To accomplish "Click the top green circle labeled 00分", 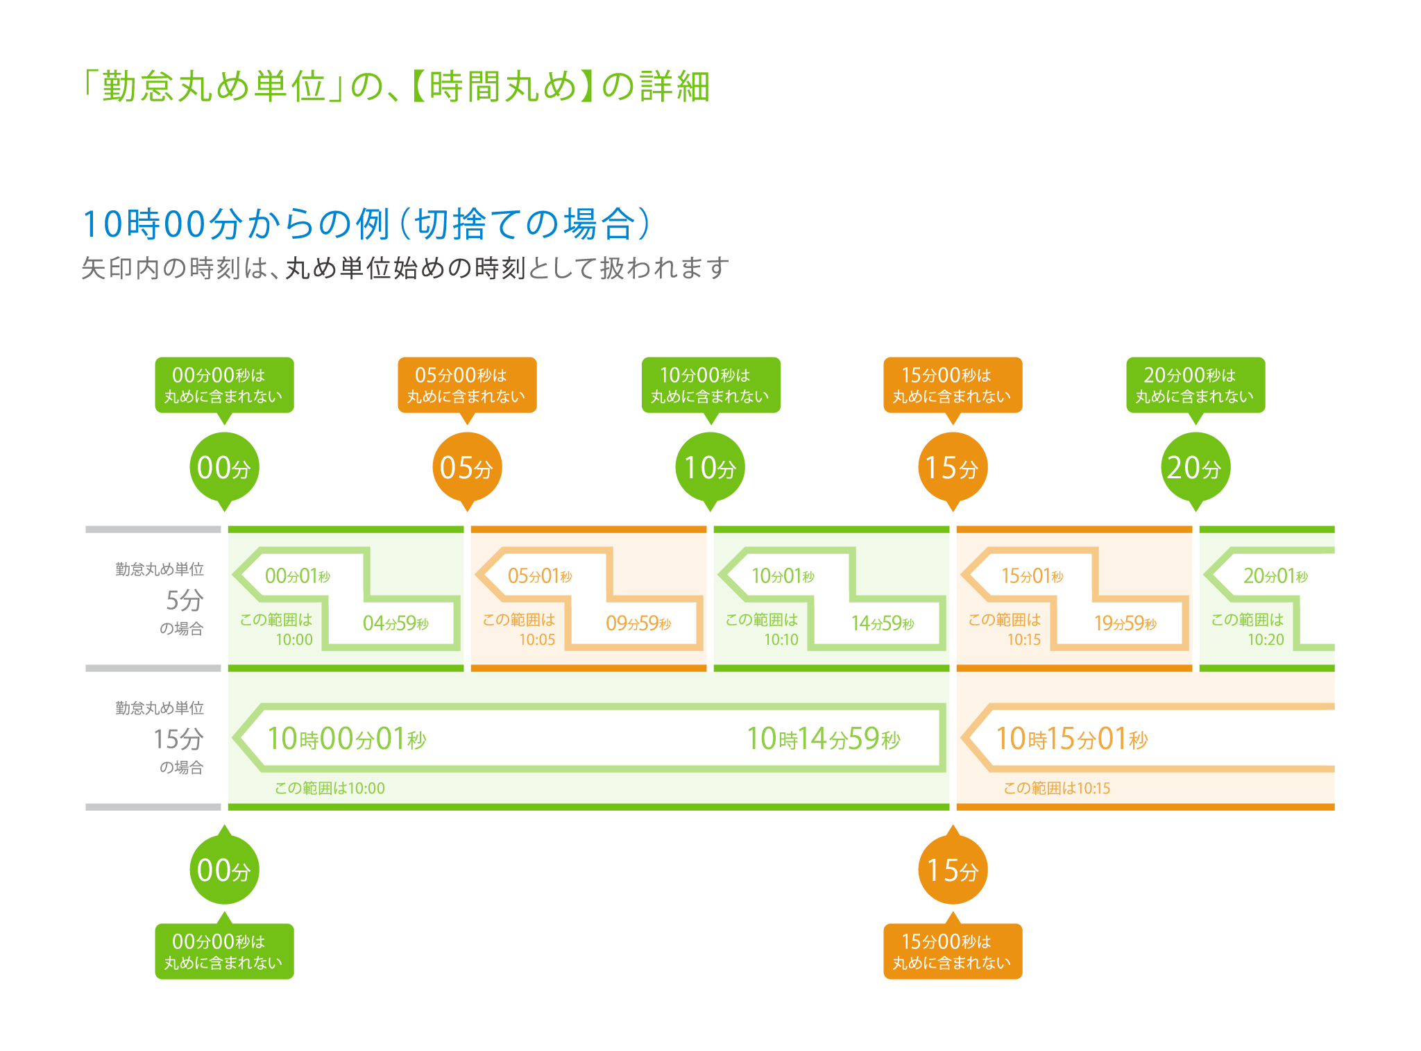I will pyautogui.click(x=224, y=467).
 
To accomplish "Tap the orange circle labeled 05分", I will pyautogui.click(x=467, y=467).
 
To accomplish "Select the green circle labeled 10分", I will pyautogui.click(x=710, y=467).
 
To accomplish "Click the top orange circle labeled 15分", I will pyautogui.click(x=953, y=467).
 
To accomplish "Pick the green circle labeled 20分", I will pyautogui.click(x=1195, y=467).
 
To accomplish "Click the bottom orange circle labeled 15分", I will pyautogui.click(x=953, y=870).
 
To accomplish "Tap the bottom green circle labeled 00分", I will pyautogui.click(x=224, y=870).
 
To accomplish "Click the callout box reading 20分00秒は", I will pyautogui.click(x=1195, y=385).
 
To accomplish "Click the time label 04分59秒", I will pyautogui.click(x=395, y=623).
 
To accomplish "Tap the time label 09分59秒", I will pyautogui.click(x=638, y=623).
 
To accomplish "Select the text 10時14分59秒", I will pyautogui.click(x=824, y=739).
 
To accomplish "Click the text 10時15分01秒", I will pyautogui.click(x=1072, y=739).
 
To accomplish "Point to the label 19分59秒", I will pyautogui.click(x=1125, y=623).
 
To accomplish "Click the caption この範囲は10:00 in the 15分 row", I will pyautogui.click(x=330, y=788).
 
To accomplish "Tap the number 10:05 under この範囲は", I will pyautogui.click(x=537, y=640).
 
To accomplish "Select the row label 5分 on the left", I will pyautogui.click(x=185, y=600).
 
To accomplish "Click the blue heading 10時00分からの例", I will pyautogui.click(x=236, y=224).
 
